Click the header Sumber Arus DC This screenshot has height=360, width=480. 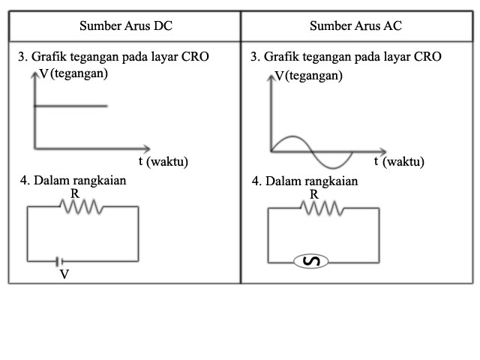point(125,26)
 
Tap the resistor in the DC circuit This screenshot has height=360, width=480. point(82,207)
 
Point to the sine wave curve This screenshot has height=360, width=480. point(311,151)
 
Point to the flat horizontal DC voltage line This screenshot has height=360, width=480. point(71,106)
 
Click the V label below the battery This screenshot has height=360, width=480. point(64,274)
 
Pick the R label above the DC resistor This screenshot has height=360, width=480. point(74,193)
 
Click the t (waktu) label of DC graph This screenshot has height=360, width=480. point(163,161)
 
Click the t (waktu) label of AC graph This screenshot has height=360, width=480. point(399,161)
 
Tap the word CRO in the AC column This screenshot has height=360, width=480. point(428,57)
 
